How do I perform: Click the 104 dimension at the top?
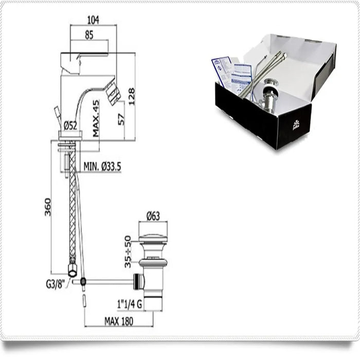coord(94,20)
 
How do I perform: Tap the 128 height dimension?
coord(132,96)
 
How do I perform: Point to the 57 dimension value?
coord(121,119)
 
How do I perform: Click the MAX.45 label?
coord(96,118)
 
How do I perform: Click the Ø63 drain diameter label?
coord(153,217)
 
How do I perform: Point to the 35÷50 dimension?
coord(128,251)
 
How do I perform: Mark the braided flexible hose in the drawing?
coord(73,206)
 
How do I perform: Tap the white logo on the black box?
coord(296,124)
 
